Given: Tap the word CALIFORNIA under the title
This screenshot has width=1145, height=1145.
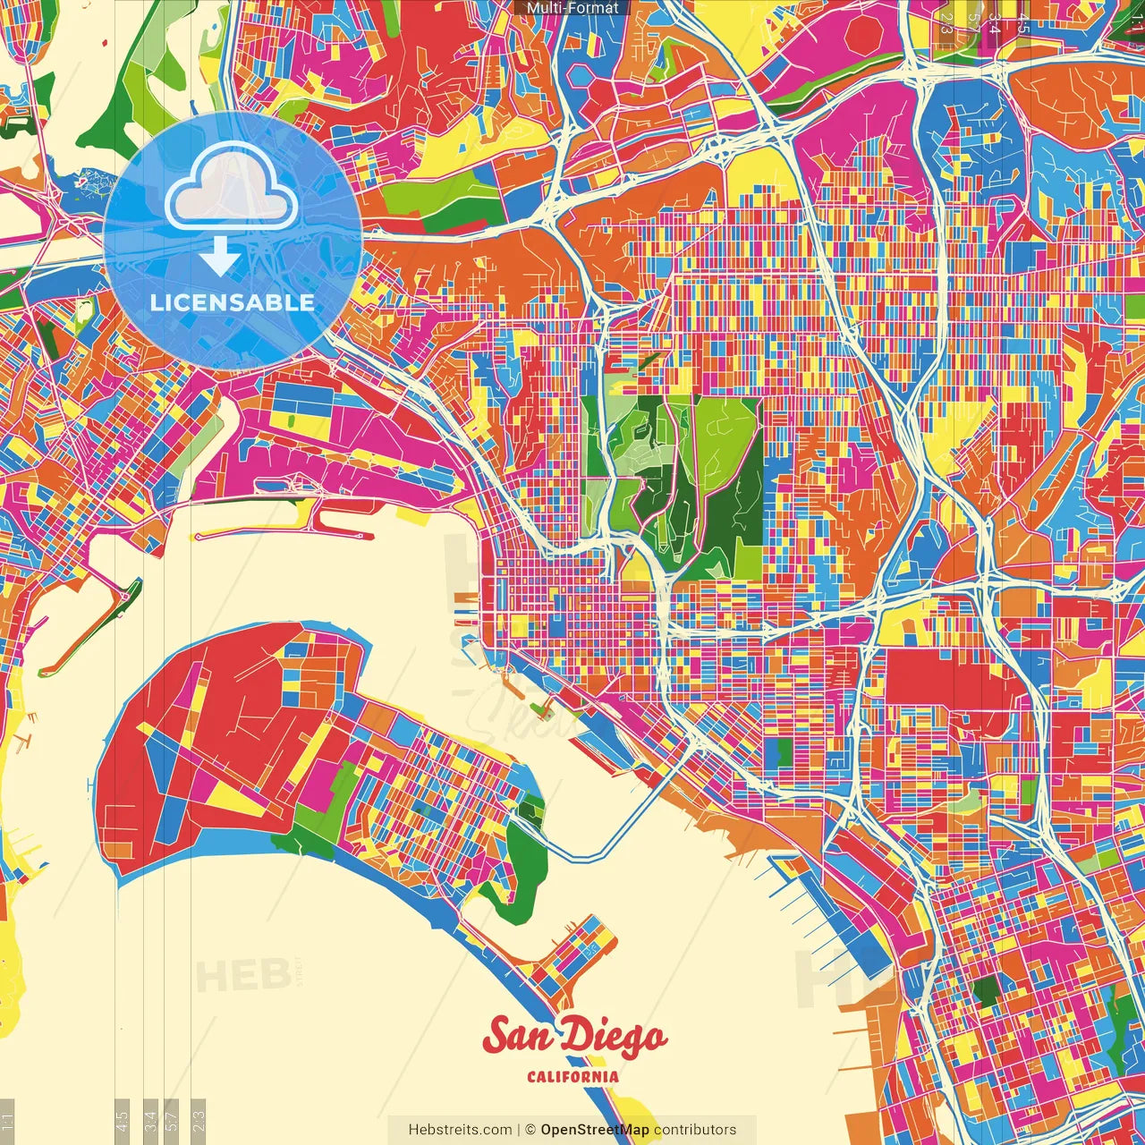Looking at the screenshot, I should (x=572, y=1076).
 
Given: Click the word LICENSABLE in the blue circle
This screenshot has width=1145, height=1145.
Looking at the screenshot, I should (x=233, y=302).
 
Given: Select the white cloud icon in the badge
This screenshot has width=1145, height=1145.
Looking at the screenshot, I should (x=232, y=190).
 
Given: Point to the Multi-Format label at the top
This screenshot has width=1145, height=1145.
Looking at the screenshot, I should (x=572, y=8).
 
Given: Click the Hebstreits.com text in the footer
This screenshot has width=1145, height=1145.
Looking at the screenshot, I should (x=460, y=1130).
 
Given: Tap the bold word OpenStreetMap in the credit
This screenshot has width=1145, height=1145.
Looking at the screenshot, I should (x=595, y=1130).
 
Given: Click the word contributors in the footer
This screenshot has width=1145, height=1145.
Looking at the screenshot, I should (x=695, y=1130).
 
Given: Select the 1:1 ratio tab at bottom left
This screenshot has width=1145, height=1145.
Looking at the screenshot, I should (x=7, y=1121).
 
